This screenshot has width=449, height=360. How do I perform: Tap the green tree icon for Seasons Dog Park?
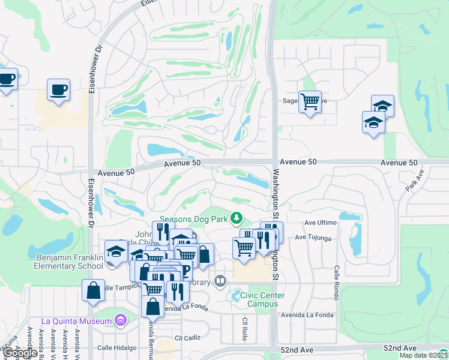(x=238, y=217)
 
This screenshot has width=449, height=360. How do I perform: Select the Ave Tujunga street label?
(x=313, y=238)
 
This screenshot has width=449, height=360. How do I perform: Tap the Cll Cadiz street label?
(x=187, y=338)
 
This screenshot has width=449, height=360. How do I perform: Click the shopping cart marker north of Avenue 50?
(x=310, y=102)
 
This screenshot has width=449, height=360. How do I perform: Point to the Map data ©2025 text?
(x=423, y=355)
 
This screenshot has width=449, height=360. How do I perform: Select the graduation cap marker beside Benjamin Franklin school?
(x=115, y=251)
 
